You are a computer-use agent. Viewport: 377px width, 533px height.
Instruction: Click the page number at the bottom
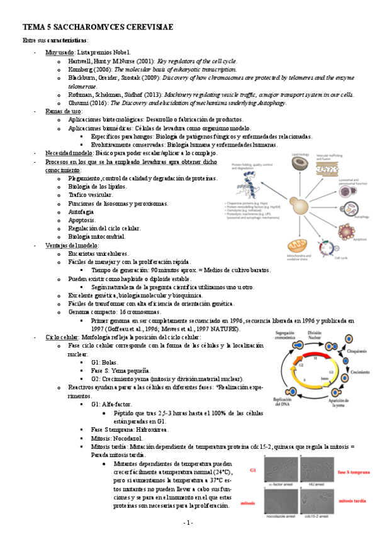[188, 522]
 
